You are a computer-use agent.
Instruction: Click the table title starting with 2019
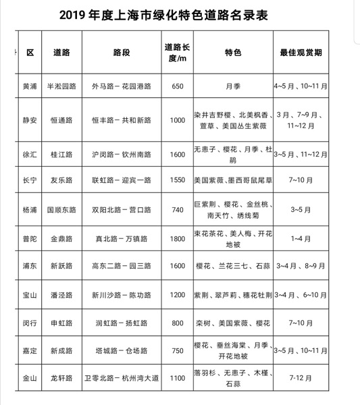point(177,15)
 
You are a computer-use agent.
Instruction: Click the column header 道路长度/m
point(177,52)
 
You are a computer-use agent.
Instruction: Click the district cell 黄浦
point(30,86)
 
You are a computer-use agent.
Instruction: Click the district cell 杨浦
point(30,210)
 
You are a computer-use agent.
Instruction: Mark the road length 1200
point(177,294)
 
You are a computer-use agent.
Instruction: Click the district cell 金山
point(30,379)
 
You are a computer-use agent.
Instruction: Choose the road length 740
point(177,210)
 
